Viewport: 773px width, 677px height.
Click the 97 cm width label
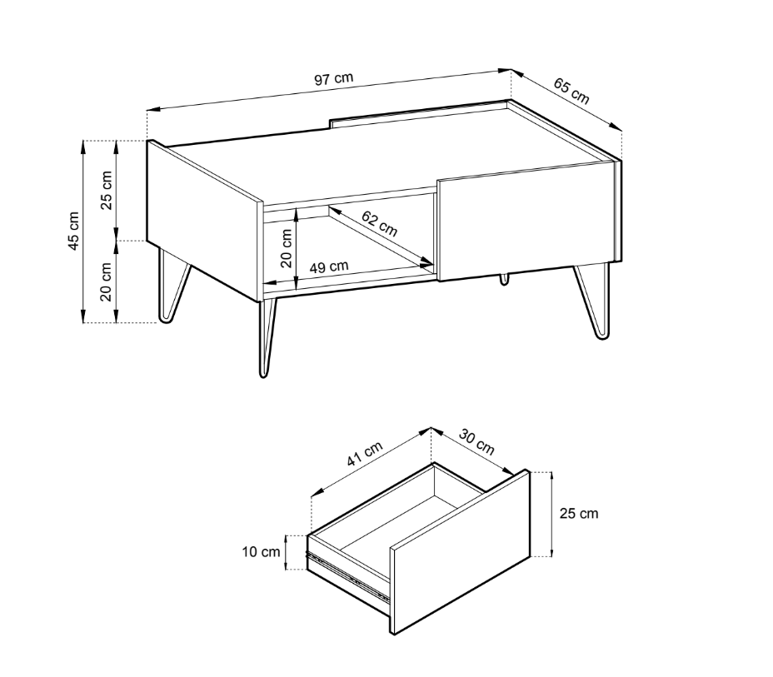(x=334, y=79)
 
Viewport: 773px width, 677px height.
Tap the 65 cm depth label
(x=571, y=91)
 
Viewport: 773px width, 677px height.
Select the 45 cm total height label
(x=73, y=231)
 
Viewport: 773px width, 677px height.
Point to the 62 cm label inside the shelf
(x=379, y=223)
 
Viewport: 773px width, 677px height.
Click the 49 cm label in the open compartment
(x=329, y=267)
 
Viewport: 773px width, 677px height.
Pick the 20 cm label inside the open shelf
(x=287, y=248)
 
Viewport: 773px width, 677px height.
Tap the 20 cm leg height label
(x=106, y=281)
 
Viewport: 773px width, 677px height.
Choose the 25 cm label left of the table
(x=106, y=190)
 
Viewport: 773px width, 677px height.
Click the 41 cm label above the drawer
(x=365, y=454)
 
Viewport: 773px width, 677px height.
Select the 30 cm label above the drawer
(x=476, y=441)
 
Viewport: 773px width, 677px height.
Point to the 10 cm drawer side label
(x=261, y=552)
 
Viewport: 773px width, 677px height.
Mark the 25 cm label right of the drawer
(x=579, y=514)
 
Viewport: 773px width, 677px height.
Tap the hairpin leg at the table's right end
(x=594, y=301)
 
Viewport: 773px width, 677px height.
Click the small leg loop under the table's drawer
(x=504, y=279)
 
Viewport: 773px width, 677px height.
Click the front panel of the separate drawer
(x=461, y=552)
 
